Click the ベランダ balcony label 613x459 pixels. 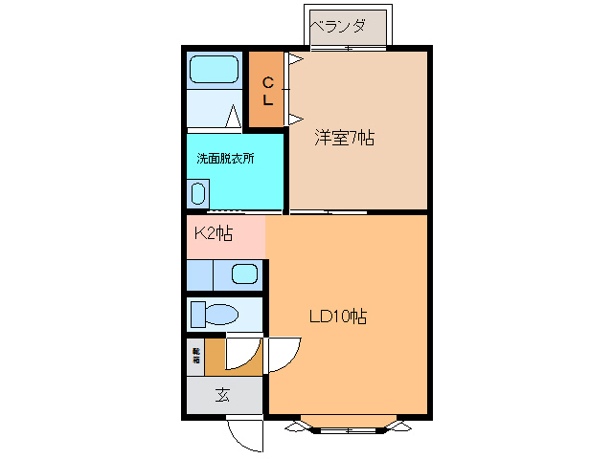pos(347,25)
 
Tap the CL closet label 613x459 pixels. pos(268,91)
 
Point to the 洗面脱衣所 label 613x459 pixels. pos(225,158)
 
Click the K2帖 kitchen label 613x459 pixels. pos(214,233)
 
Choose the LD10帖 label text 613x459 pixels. pos(337,316)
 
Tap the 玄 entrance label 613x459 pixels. pos(222,394)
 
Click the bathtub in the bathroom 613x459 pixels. pos(214,70)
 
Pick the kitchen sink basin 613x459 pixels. pos(244,275)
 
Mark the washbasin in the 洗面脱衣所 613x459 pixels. pos(197,194)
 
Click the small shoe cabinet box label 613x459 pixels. pos(195,357)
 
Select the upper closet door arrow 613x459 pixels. pos(296,60)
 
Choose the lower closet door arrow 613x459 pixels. pos(296,119)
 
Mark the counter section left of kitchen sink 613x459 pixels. pos(199,275)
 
